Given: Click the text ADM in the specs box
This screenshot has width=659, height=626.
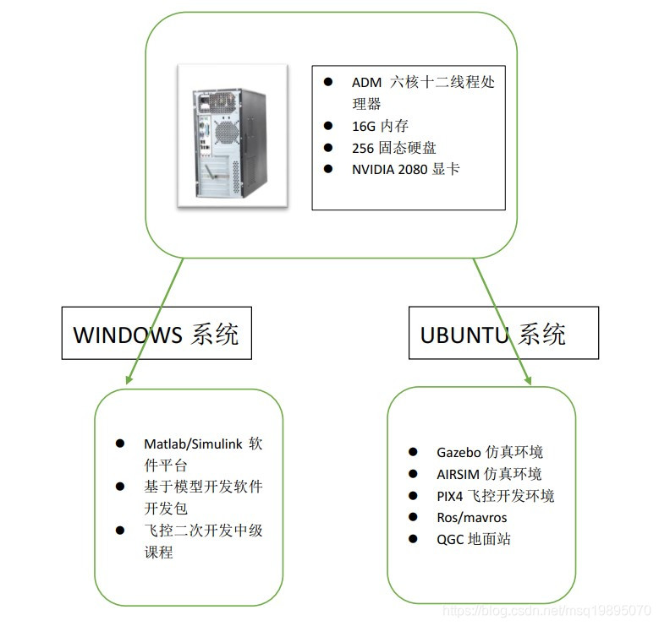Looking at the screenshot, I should pyautogui.click(x=366, y=83).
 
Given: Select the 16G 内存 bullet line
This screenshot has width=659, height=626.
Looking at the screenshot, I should pyautogui.click(x=380, y=126).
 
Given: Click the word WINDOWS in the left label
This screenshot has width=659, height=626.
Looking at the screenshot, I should pyautogui.click(x=127, y=335).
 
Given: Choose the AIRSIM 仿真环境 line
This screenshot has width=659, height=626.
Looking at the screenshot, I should pyautogui.click(x=489, y=474).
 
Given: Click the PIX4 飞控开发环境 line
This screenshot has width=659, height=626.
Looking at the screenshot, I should pyautogui.click(x=495, y=496).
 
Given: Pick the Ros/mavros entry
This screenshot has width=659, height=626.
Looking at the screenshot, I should pyautogui.click(x=471, y=517).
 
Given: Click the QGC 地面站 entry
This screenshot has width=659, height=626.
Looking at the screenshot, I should pyautogui.click(x=473, y=539).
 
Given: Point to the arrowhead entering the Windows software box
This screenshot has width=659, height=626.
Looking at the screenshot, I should pyautogui.click(x=128, y=379).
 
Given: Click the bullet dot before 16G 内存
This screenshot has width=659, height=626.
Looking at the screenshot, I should pyautogui.click(x=328, y=125).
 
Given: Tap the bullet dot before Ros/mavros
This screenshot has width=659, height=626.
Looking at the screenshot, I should pyautogui.click(x=413, y=517).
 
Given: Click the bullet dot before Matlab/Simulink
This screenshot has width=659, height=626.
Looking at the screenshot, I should pyautogui.click(x=120, y=444).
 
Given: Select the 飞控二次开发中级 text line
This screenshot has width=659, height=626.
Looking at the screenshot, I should pyautogui.click(x=203, y=531).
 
